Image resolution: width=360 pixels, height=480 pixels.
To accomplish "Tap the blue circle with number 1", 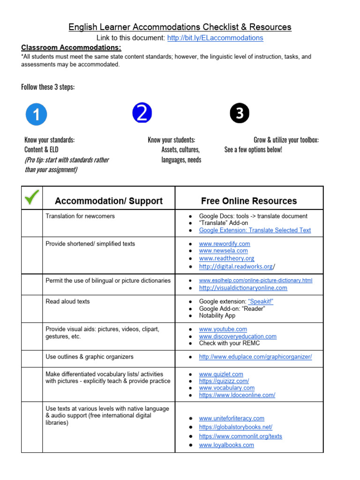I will [36, 114].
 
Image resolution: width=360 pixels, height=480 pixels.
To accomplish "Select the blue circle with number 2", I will [142, 113].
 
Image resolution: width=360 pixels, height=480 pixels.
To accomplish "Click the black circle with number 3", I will [240, 113].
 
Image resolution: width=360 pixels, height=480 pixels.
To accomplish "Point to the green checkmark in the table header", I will [32, 198].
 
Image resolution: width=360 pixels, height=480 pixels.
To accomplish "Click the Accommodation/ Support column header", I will [109, 201].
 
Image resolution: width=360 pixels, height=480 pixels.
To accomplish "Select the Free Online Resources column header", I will [249, 201].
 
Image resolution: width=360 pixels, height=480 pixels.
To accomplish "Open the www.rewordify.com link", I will [225, 244].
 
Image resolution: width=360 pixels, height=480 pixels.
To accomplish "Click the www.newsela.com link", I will [223, 251].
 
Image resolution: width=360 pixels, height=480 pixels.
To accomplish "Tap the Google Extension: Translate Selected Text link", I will [255, 230].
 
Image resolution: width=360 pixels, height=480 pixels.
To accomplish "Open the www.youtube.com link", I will [223, 329].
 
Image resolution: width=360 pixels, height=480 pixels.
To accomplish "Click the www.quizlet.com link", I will [221, 374].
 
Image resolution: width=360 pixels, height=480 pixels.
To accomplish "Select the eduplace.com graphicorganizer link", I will [255, 357].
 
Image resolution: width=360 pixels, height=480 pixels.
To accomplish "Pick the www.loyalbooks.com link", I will [226, 445].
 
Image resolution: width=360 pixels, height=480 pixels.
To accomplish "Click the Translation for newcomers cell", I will [80, 216].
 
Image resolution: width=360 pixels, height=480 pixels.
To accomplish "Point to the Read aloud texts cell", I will [67, 301].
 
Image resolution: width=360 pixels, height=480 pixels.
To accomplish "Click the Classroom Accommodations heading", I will [71, 47].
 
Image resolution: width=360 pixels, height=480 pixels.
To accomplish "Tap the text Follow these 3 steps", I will [48, 87].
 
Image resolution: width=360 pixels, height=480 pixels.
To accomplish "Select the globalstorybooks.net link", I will [235, 427].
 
